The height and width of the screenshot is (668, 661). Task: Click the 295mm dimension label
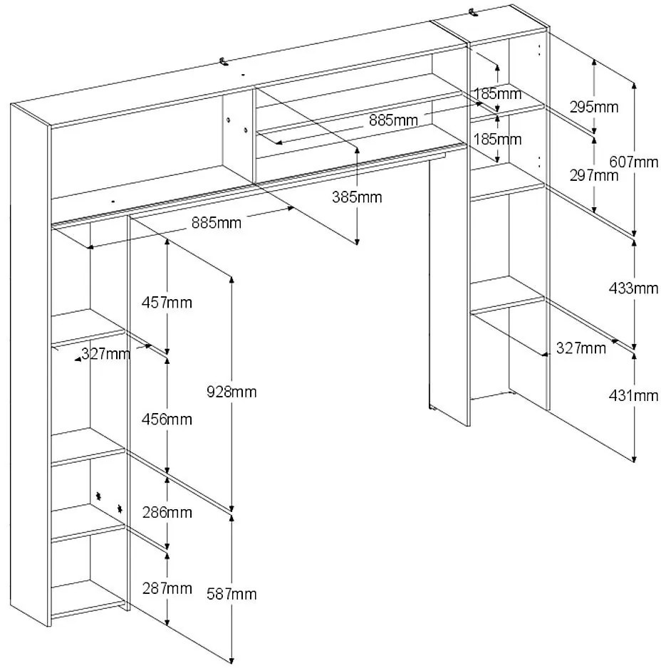(x=593, y=108)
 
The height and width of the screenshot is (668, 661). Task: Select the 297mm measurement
(x=595, y=175)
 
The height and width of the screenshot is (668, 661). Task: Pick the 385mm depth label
(x=357, y=197)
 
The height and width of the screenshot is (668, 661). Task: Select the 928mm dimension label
(x=231, y=391)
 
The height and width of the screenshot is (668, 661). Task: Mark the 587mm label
(x=231, y=594)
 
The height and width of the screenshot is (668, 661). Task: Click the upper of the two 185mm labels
(x=497, y=93)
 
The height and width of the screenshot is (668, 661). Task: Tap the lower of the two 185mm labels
(x=497, y=139)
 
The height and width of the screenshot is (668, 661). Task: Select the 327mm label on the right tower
(x=581, y=348)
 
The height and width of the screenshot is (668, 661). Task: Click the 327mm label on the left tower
(x=105, y=354)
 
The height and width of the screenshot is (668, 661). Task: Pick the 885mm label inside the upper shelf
(x=393, y=120)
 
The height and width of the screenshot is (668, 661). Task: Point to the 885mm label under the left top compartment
(x=217, y=223)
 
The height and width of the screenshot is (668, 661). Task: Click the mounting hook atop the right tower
(x=473, y=12)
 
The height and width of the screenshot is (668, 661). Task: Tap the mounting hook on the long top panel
(x=225, y=62)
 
